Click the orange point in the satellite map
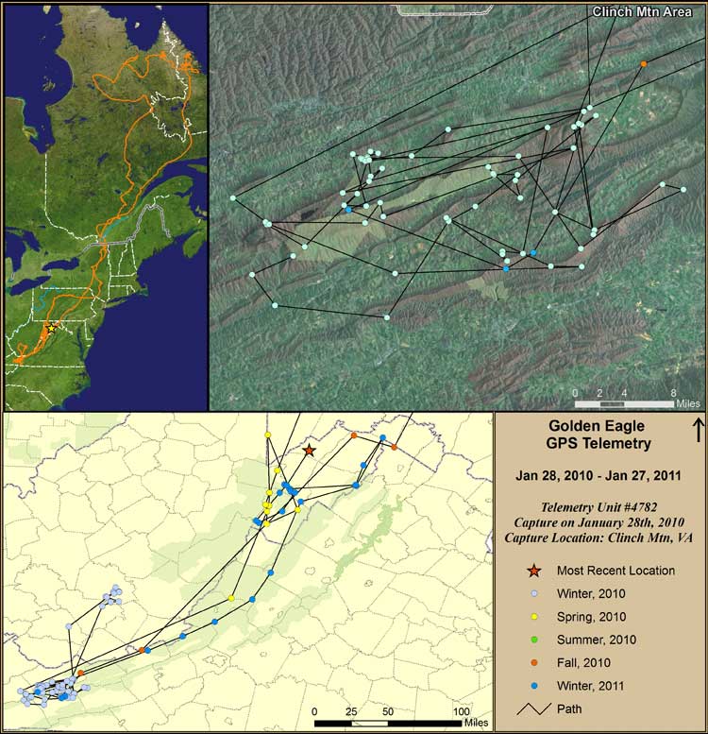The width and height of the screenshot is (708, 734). [x=644, y=64]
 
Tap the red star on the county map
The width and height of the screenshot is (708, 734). [x=310, y=451]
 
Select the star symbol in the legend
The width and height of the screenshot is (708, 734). [x=535, y=571]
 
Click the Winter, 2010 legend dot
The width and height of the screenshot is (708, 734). [x=535, y=593]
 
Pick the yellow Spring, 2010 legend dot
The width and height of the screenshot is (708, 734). [x=535, y=616]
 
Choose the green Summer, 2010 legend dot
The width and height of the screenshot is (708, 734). [x=535, y=640]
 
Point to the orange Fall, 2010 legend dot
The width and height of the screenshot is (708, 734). [x=535, y=662]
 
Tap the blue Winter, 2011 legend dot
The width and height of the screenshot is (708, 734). [x=535, y=685]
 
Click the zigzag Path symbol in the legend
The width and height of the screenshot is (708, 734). [x=535, y=708]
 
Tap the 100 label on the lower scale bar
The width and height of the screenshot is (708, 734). [x=461, y=710]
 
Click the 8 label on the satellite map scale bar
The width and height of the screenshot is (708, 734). [x=672, y=392]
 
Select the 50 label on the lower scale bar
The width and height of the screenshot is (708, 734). [x=387, y=710]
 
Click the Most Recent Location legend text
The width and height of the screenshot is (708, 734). [x=615, y=571]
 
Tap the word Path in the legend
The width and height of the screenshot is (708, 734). [x=571, y=708]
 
